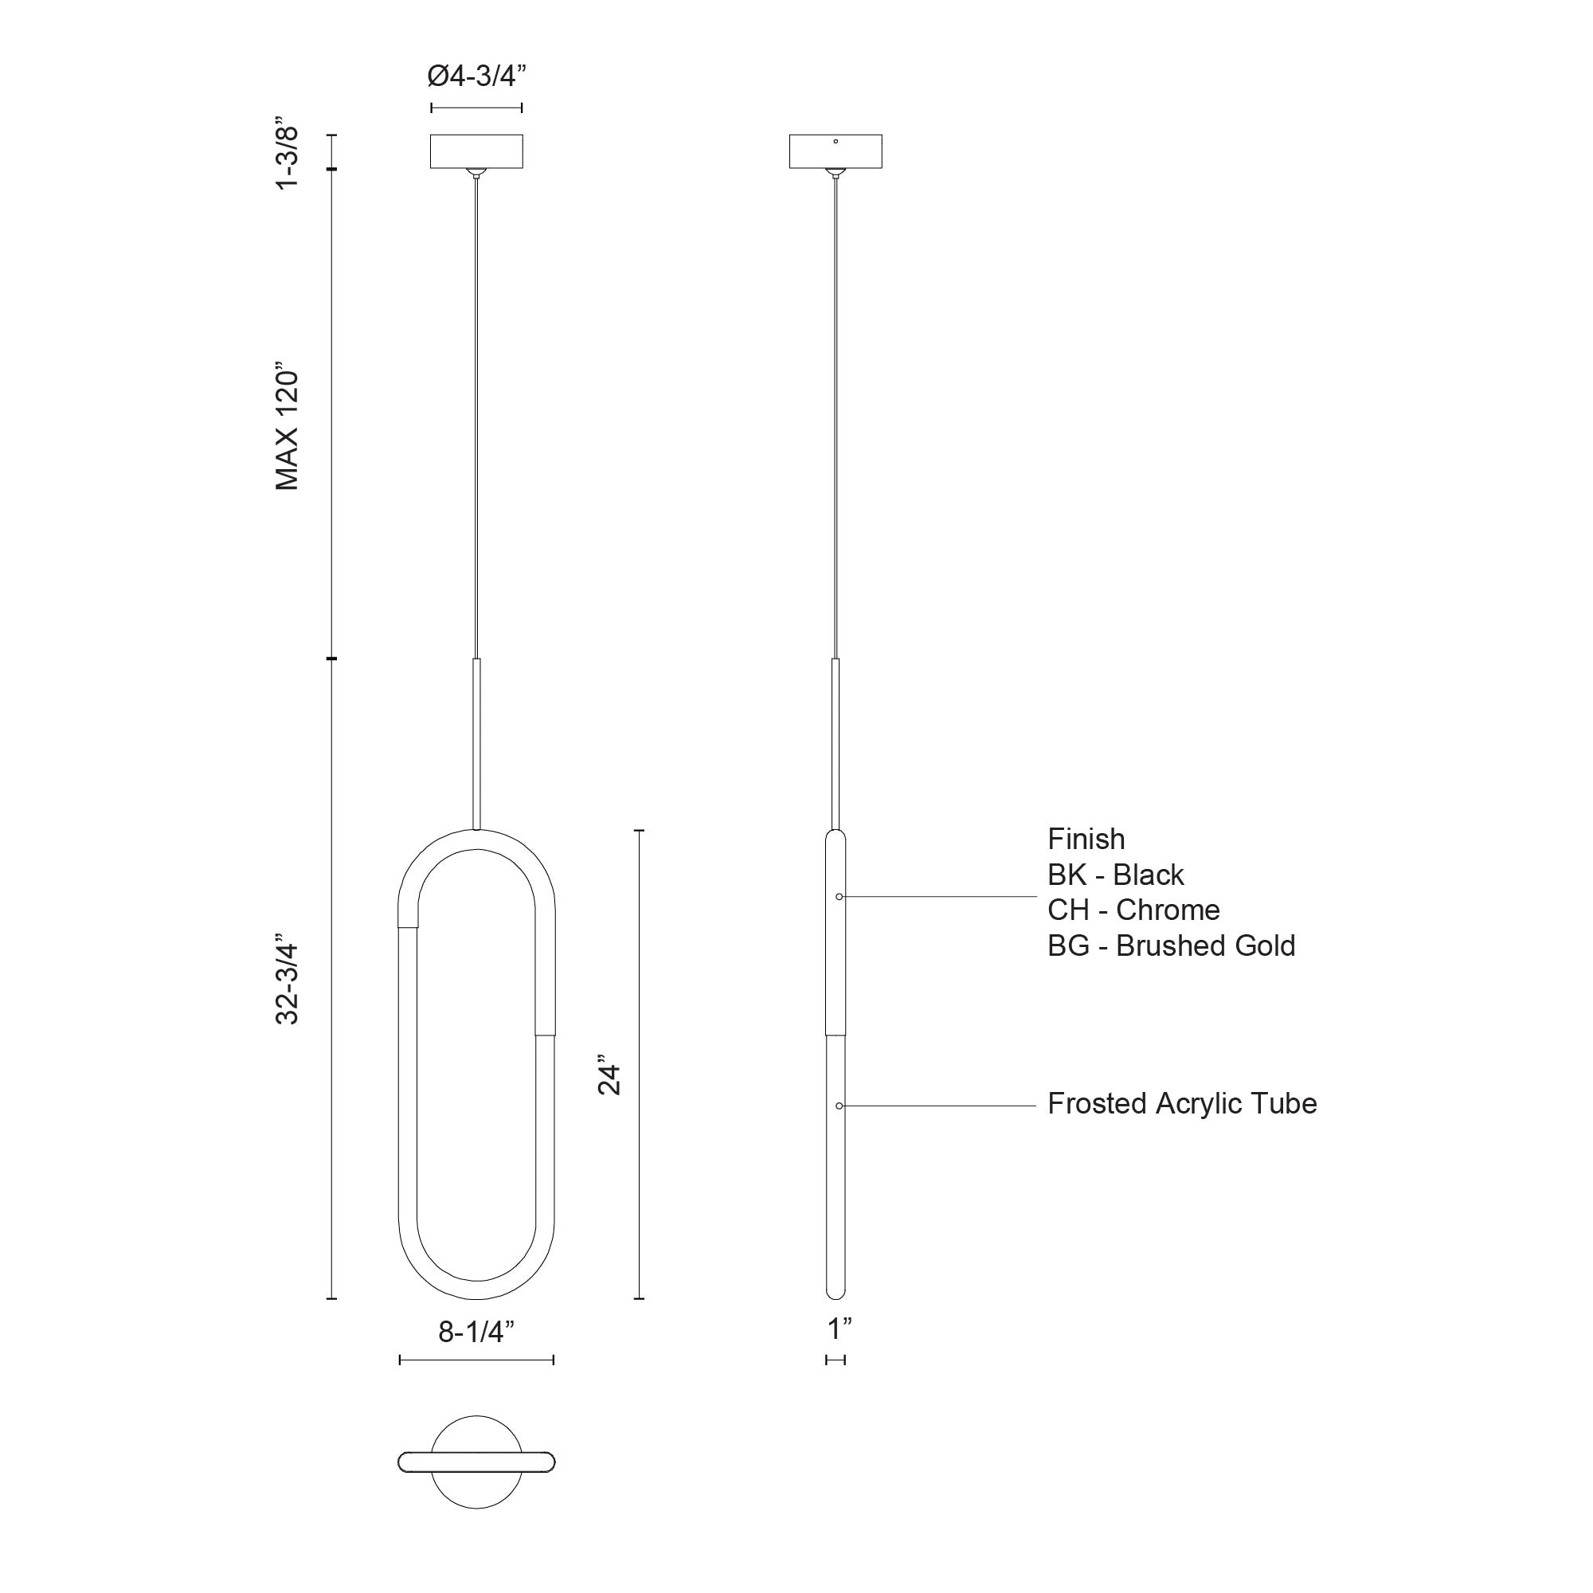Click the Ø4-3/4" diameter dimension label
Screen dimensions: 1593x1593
pyautogui.click(x=476, y=76)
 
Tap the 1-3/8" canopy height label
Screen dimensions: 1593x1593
pyautogui.click(x=287, y=159)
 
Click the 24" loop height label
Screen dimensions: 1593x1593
pyautogui.click(x=609, y=1079)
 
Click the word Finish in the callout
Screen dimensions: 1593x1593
pyautogui.click(x=1086, y=839)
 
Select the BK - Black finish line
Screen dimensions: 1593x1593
pyautogui.click(x=1115, y=874)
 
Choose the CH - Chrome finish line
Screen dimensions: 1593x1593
pyautogui.click(x=1133, y=910)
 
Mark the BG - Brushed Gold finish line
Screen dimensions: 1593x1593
pyautogui.click(x=1171, y=945)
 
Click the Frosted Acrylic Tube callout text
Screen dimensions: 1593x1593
pyautogui.click(x=1181, y=1103)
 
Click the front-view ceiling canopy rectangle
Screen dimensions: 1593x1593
pyautogui.click(x=476, y=151)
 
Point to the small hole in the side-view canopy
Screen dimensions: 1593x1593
pyautogui.click(x=836, y=142)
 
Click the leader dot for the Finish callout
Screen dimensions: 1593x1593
pyautogui.click(x=839, y=896)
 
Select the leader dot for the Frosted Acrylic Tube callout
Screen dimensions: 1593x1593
pyautogui.click(x=839, y=1106)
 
